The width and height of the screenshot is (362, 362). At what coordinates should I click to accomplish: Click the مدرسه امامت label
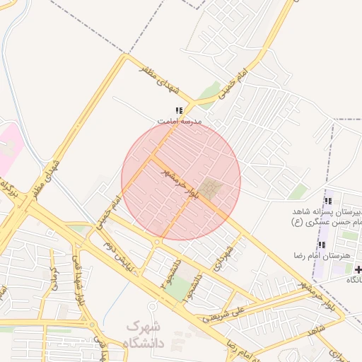(179, 122)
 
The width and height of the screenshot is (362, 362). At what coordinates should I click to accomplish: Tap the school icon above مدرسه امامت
(179, 110)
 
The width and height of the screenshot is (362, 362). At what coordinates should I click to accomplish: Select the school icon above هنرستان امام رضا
(322, 245)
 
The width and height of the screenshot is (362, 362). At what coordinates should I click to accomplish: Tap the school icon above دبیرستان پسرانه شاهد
(327, 202)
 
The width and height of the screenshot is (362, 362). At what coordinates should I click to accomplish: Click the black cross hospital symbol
(358, 269)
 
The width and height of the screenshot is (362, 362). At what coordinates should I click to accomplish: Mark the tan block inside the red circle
(209, 189)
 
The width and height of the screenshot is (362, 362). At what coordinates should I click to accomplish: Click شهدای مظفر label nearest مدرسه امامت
(172, 88)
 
